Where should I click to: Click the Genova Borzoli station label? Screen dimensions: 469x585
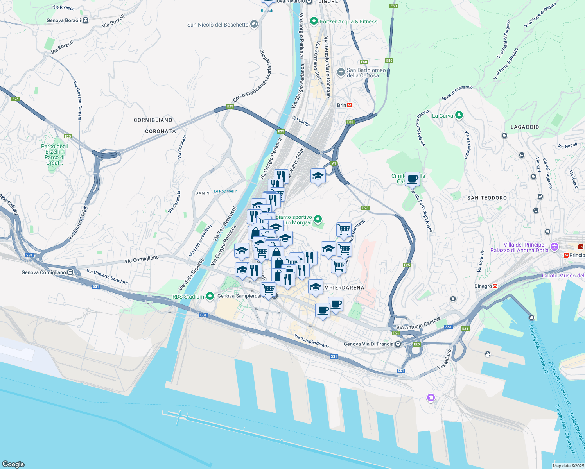(x=64, y=20)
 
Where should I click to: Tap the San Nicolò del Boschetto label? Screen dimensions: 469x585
(x=218, y=25)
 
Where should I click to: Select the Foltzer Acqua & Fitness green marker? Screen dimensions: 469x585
(x=314, y=21)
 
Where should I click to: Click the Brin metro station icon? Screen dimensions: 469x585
(x=350, y=105)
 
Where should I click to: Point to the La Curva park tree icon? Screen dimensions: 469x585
(x=459, y=115)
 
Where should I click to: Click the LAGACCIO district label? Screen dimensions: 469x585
(x=525, y=127)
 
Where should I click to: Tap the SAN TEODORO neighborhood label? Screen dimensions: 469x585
(x=487, y=198)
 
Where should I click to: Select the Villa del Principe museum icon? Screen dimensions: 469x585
(x=554, y=247)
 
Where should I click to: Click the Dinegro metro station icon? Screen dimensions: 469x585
(x=495, y=286)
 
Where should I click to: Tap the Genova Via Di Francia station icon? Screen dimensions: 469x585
(x=398, y=344)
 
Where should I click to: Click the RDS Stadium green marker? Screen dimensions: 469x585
(x=210, y=296)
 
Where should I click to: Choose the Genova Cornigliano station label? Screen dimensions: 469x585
(x=44, y=272)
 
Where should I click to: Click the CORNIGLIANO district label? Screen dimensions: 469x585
(x=153, y=120)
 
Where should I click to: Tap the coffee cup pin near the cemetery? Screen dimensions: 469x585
(x=412, y=179)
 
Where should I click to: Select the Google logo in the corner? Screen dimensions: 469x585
(x=13, y=464)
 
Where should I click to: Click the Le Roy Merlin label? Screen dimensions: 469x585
(x=226, y=191)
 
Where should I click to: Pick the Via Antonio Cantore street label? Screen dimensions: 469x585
(x=418, y=324)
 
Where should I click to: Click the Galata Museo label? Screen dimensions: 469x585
(x=563, y=276)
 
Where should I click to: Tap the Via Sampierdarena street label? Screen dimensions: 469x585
(x=311, y=341)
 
